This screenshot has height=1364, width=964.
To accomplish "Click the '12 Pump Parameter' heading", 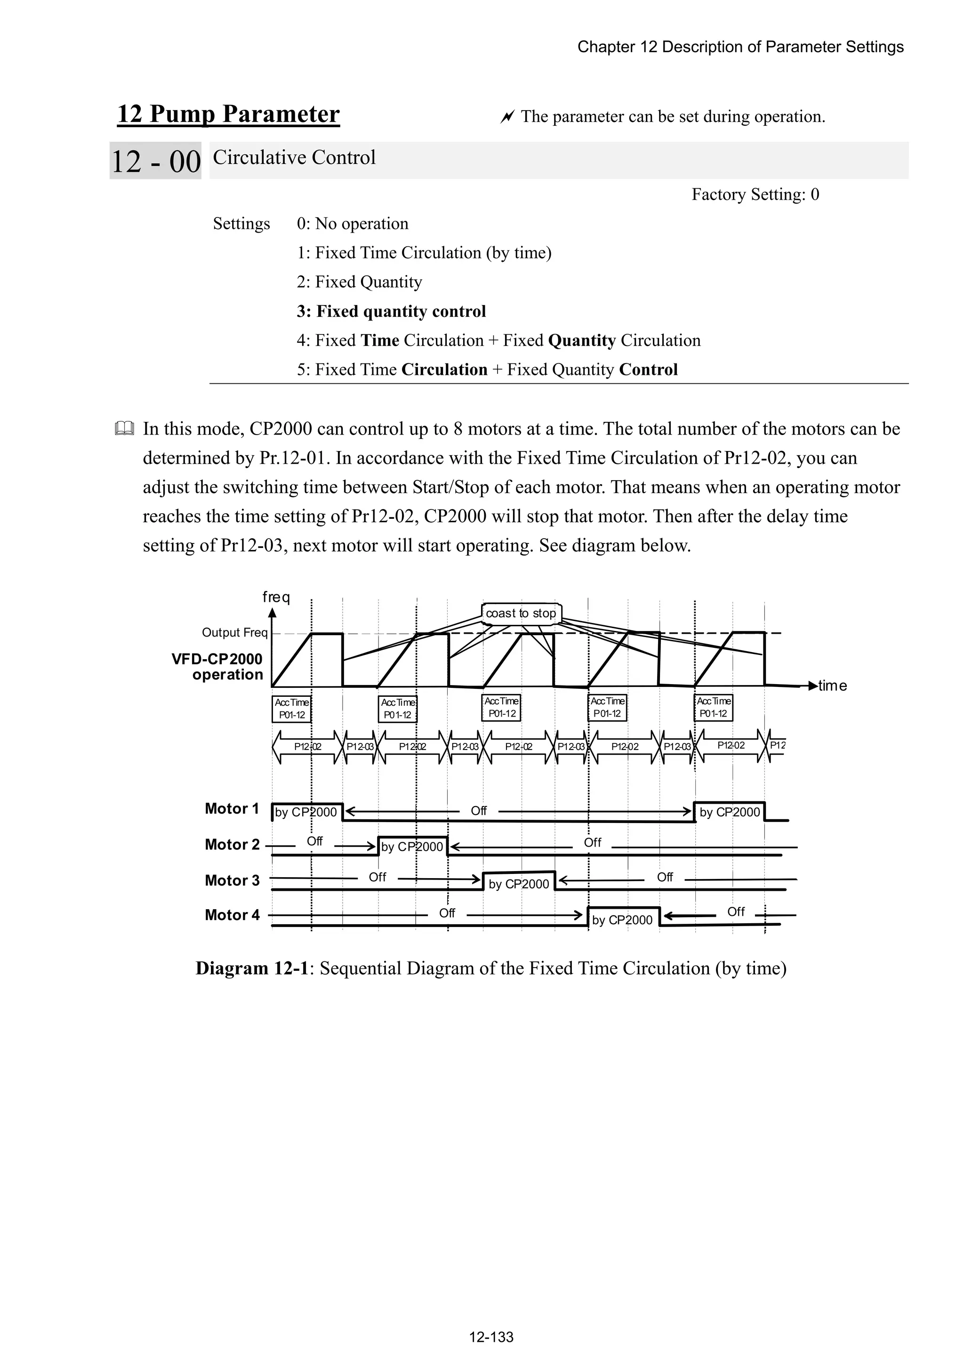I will pos(229,114).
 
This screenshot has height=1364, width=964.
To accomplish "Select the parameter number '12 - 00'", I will pos(156,161).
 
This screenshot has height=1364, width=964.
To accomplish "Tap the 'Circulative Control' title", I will pos(294,157).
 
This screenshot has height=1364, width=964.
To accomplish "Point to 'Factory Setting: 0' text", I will pos(755,194).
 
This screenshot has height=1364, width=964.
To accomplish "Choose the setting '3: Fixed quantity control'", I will pos(391,311).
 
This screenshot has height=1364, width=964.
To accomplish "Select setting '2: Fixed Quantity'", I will pos(359,282).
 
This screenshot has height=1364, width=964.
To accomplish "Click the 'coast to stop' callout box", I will pos(521,613).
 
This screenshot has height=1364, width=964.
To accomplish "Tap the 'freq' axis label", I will pos(276,597).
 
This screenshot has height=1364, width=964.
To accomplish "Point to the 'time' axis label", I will pos(832,686).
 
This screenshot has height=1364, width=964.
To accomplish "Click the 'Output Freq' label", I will pos(234,632).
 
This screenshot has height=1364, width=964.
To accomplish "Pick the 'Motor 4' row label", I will pos(232,915).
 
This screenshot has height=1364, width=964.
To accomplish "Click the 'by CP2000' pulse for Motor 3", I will pos(519,884).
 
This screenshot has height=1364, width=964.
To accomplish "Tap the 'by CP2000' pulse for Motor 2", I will pos(412,847).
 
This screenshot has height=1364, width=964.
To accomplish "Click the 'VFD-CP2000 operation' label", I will pos(217,667).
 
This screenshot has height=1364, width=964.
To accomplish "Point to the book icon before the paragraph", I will pos(124,428).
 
